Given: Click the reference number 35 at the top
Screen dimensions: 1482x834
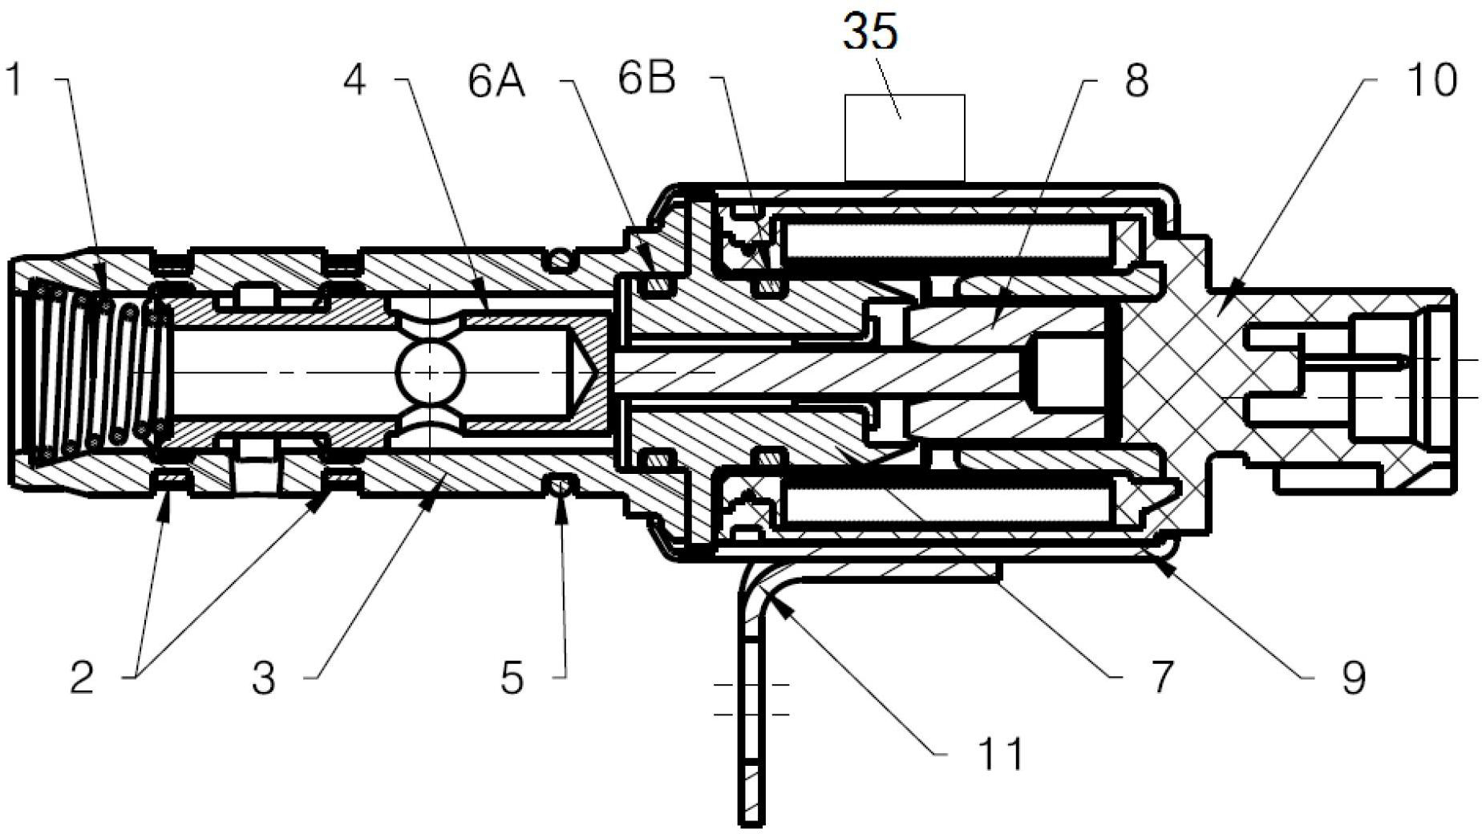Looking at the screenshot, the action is tap(870, 33).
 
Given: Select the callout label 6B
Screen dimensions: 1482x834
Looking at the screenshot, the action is tap(646, 79).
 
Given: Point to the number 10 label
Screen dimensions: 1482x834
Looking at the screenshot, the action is tap(1430, 80).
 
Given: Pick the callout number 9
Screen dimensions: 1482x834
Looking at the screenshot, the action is tap(1354, 678).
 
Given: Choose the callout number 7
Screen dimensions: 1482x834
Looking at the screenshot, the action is tap(1162, 677).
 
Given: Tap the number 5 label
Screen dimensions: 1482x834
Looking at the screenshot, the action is tap(512, 678).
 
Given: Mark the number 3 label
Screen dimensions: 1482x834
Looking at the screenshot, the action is tap(263, 678).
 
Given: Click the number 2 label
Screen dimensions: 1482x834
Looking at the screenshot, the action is tap(83, 678).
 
